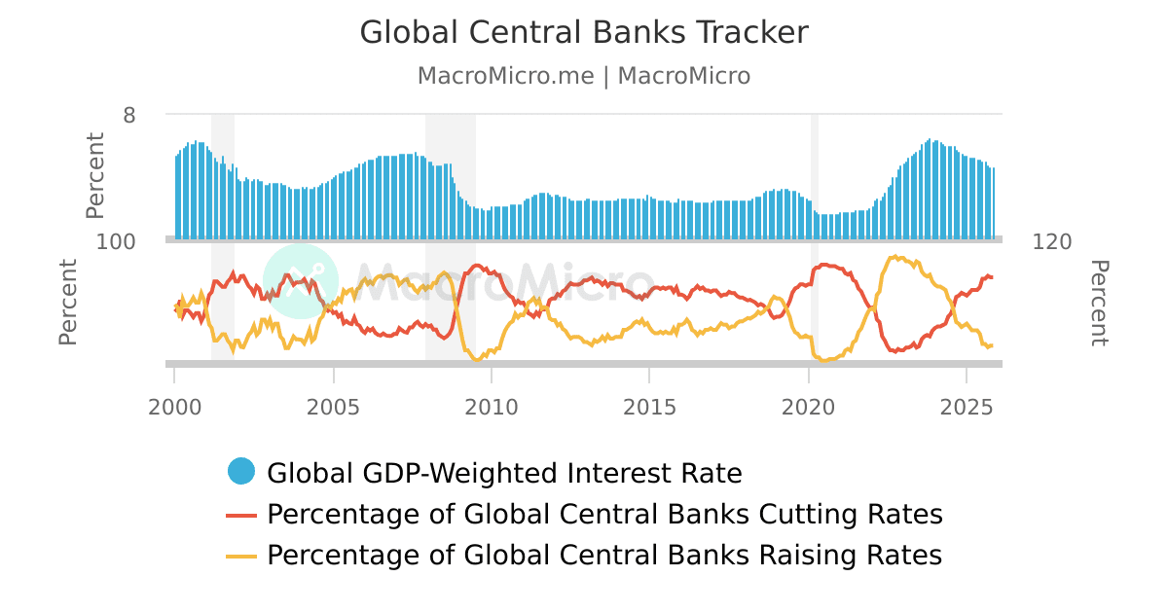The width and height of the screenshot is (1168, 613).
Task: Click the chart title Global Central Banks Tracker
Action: point(584,32)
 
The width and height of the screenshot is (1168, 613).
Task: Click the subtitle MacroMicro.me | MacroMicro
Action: point(584,76)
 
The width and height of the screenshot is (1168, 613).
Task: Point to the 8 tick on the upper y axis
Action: point(129,115)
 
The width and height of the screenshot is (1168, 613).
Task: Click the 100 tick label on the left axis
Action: point(116,241)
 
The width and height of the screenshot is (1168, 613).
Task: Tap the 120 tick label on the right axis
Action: point(1051,241)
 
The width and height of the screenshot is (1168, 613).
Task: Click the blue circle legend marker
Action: point(241,472)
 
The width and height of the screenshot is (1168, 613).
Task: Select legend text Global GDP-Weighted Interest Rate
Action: point(504,474)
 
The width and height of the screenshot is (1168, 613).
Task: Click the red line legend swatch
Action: point(241,515)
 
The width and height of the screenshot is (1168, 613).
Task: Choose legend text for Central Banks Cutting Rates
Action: point(604,515)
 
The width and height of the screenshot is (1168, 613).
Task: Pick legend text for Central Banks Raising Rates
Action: point(604,556)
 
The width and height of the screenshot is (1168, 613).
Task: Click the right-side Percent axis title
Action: point(1098,303)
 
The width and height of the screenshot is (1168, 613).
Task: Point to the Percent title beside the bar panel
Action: point(94,176)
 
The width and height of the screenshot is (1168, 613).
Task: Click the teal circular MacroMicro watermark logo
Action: point(301,280)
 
